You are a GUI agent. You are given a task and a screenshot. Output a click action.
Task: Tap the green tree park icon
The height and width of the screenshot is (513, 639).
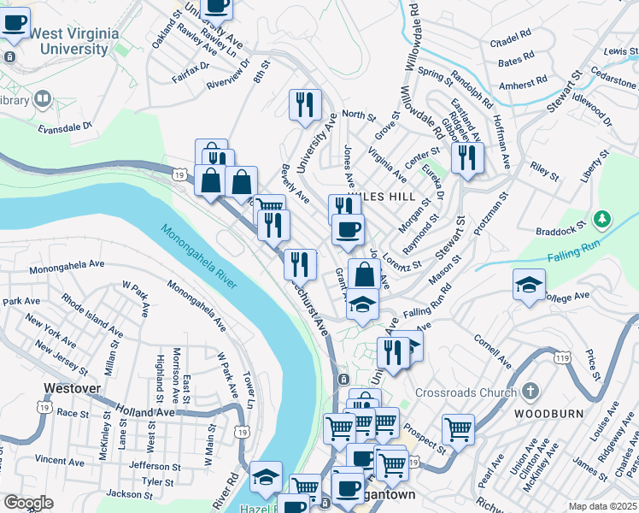pyautogui.click(x=603, y=220)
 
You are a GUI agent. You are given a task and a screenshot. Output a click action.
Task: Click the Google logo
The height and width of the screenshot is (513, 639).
pyautogui.click(x=28, y=503)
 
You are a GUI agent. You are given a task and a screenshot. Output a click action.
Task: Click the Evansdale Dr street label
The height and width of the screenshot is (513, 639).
pyautogui.click(x=64, y=127)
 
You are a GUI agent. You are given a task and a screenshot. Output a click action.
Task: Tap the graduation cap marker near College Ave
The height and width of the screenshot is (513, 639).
pyautogui.click(x=530, y=285)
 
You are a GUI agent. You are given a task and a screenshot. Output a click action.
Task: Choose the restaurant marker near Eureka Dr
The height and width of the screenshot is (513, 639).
pyautogui.click(x=467, y=156)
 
